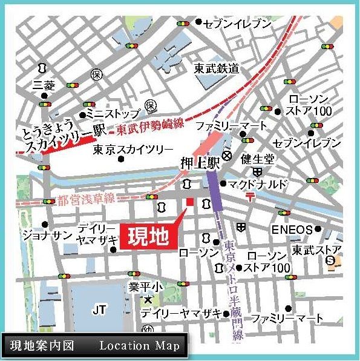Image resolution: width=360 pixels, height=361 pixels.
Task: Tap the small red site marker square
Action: pyautogui.click(x=189, y=202)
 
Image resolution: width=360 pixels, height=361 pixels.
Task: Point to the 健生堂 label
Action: pyautogui.click(x=257, y=158)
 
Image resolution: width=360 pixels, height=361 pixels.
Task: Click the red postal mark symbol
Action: pyautogui.click(x=250, y=196)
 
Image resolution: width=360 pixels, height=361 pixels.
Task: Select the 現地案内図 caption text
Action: pyautogui.click(x=42, y=346)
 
